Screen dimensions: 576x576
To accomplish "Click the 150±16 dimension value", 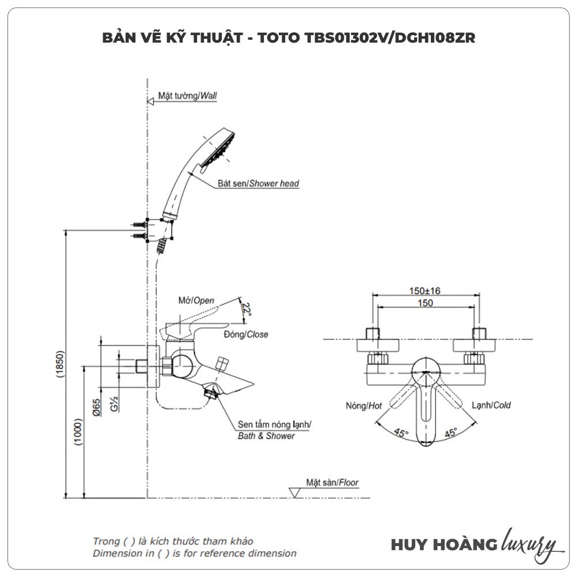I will (425, 291).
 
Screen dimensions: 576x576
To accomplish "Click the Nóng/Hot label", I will (364, 406).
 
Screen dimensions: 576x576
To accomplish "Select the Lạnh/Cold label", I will (491, 405).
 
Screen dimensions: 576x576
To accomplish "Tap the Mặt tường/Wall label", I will (187, 96).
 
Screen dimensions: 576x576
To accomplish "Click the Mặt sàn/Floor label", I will (332, 483).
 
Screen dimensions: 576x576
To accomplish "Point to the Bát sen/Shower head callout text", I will (258, 184).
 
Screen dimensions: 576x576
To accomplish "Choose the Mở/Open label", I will (196, 301).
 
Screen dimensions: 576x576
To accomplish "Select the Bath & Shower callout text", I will (266, 436).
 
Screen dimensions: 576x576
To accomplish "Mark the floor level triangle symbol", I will (294, 492).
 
